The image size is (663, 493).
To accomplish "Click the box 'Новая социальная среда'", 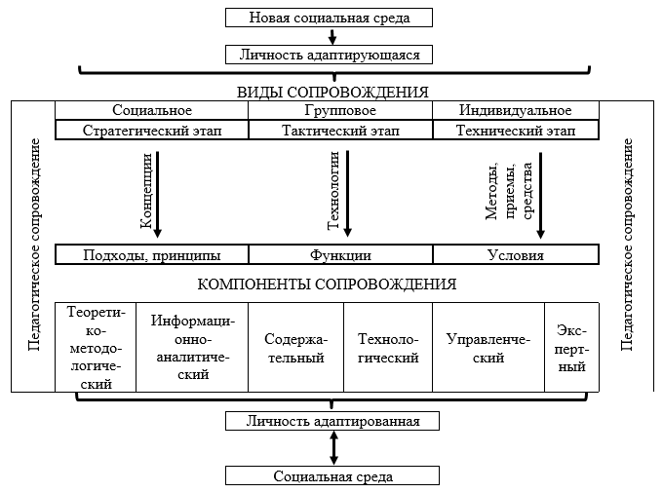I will (329, 18).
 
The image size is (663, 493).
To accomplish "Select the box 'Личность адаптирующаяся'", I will (329, 55).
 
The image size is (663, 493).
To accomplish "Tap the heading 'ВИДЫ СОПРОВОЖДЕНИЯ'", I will (332, 93).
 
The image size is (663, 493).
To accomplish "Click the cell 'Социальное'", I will (152, 110).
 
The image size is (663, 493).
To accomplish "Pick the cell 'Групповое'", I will (340, 110).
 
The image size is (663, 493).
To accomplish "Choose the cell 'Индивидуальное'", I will (515, 110).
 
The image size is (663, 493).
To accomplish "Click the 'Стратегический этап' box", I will (152, 130).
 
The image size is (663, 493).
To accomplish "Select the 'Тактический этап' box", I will (340, 130).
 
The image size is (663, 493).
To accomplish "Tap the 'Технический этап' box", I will (515, 130).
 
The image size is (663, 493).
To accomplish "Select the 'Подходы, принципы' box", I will (152, 255).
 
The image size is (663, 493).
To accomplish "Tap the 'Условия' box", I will (515, 255).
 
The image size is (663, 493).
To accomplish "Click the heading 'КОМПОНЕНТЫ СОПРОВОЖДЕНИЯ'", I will (327, 284).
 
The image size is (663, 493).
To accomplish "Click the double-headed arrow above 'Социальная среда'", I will (334, 448).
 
